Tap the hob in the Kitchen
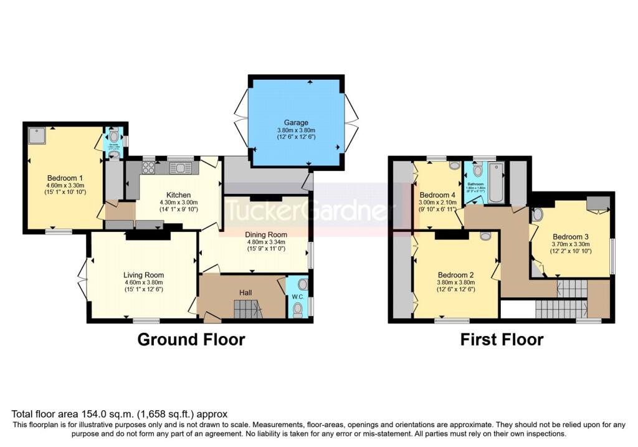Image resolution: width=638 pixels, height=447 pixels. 149,167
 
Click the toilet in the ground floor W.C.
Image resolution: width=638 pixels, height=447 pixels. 298,310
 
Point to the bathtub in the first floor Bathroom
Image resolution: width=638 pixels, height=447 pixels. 497,182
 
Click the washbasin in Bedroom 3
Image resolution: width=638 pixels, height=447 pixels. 537,215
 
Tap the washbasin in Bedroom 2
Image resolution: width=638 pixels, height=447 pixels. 486,236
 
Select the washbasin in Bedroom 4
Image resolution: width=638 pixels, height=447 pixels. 455,165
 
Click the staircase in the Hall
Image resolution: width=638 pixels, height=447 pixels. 248,308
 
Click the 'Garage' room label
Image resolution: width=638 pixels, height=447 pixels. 293,123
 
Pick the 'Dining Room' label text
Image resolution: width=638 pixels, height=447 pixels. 265,236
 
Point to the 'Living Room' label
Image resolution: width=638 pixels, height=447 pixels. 143,275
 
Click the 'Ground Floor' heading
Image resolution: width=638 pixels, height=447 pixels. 191,339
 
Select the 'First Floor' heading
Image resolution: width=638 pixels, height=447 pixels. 502,339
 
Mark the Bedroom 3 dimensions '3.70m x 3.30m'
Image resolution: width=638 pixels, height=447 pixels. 571,244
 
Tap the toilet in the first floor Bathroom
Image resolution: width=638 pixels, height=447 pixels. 477,170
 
